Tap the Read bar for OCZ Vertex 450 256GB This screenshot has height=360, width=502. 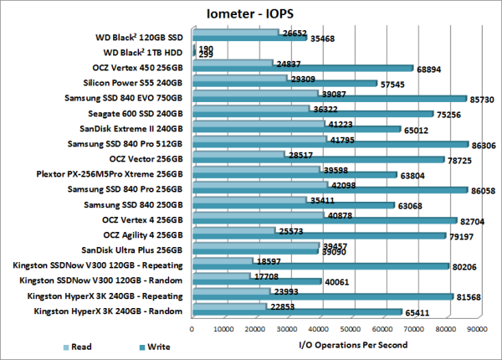click(233, 63)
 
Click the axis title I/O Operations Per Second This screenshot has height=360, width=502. click(352, 344)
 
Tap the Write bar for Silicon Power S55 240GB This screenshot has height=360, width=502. click(284, 84)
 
